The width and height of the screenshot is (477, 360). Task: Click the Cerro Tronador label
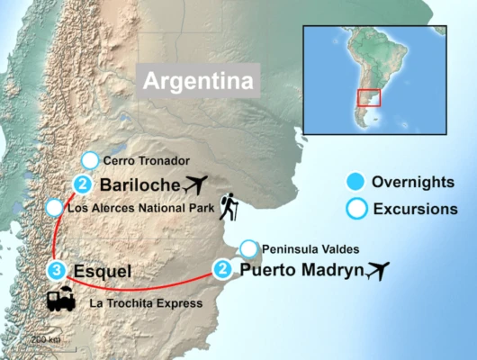coord(146,161)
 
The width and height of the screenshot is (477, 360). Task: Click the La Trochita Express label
coord(146,303)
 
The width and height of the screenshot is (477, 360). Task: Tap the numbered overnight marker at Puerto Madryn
coord(222,267)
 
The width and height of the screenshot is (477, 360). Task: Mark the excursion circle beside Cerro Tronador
coord(89,162)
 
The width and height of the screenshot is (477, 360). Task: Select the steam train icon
coord(61,300)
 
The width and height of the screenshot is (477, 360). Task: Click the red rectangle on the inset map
coord(369,98)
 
